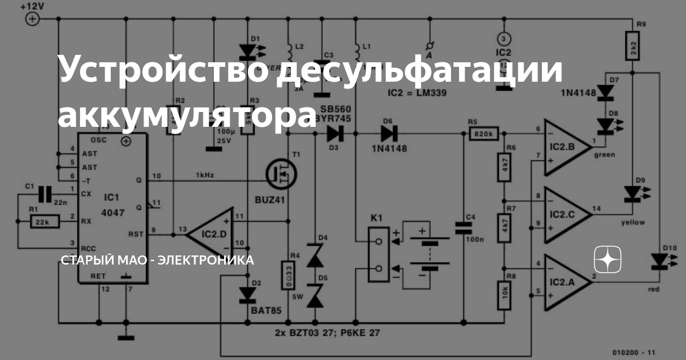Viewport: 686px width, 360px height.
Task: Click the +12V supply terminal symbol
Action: click(33, 19)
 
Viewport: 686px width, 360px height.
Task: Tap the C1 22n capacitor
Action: click(45, 193)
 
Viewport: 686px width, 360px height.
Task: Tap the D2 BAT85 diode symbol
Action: click(247, 294)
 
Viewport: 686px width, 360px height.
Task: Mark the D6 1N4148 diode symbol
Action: click(390, 134)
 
